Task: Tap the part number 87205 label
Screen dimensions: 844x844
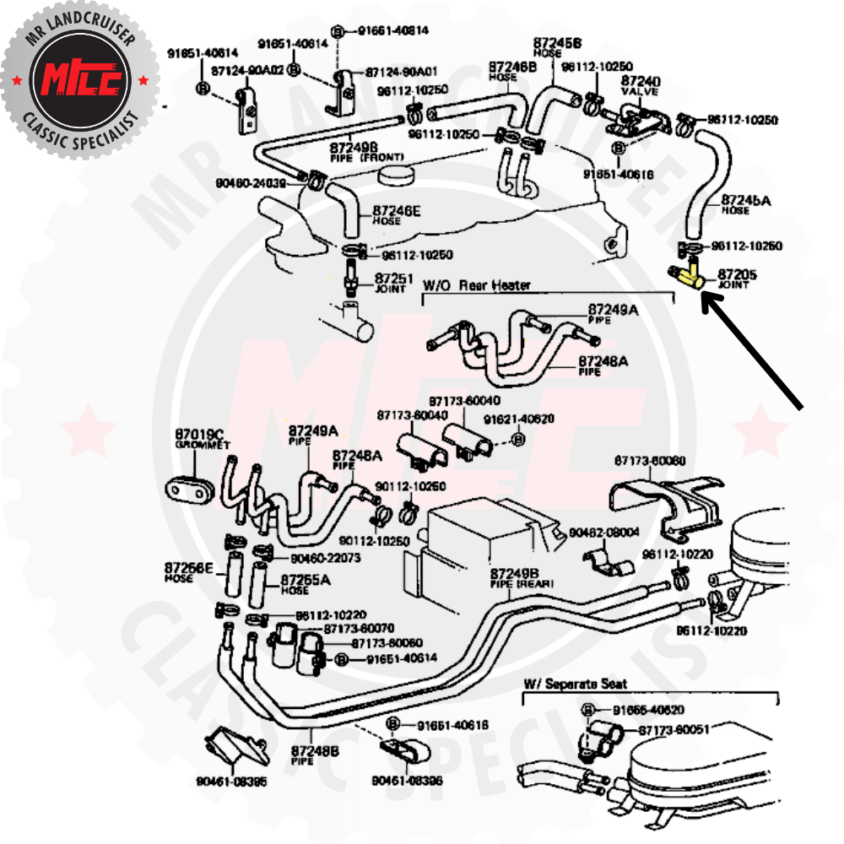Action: (x=738, y=274)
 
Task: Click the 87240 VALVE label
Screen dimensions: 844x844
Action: (x=641, y=84)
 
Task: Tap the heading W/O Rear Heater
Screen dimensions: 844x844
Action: (x=476, y=285)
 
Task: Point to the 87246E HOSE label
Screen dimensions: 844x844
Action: (x=396, y=215)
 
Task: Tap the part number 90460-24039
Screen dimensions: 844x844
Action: (x=251, y=181)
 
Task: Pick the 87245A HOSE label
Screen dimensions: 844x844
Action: (x=746, y=204)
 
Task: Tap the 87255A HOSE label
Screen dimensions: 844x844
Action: (x=306, y=584)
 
